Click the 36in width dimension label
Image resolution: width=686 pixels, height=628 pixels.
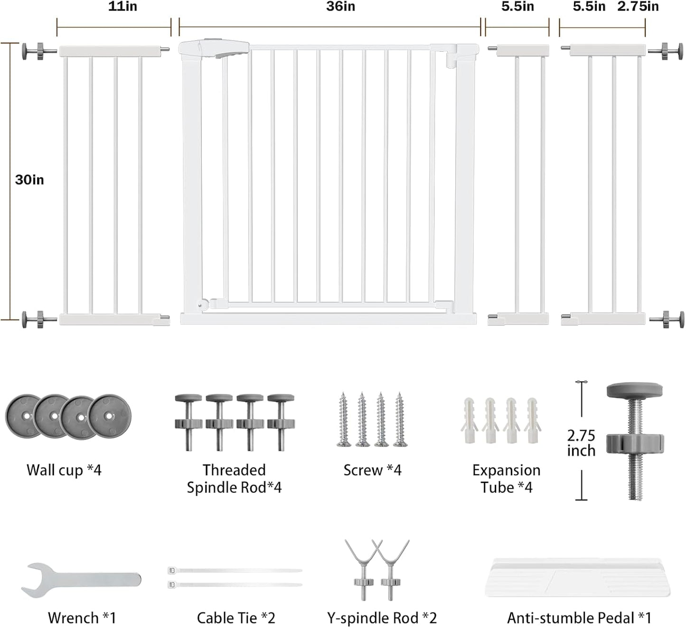[x=340, y=7]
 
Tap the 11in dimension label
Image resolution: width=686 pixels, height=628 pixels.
[x=122, y=7]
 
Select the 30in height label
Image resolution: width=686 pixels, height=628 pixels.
[x=29, y=180]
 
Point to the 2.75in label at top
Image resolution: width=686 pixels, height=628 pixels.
[x=638, y=7]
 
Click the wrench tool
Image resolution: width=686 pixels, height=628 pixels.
[x=81, y=581]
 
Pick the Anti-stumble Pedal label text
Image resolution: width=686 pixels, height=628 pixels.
[x=579, y=618]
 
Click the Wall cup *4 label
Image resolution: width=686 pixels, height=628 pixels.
[x=64, y=470]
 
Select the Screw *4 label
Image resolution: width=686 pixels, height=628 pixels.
[x=372, y=470]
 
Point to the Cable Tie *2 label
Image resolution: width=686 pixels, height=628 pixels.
[x=236, y=618]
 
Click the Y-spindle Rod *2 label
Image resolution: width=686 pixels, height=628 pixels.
[x=382, y=618]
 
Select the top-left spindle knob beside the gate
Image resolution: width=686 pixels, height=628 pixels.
[x=39, y=51]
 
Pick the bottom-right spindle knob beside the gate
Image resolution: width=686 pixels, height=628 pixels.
[x=667, y=320]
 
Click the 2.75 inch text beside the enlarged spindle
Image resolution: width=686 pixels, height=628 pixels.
[x=582, y=443]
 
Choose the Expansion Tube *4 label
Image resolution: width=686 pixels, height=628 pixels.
[x=507, y=478]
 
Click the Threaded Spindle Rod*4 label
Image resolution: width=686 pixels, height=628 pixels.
[x=234, y=478]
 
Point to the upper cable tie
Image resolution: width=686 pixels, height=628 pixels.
[x=235, y=571]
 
